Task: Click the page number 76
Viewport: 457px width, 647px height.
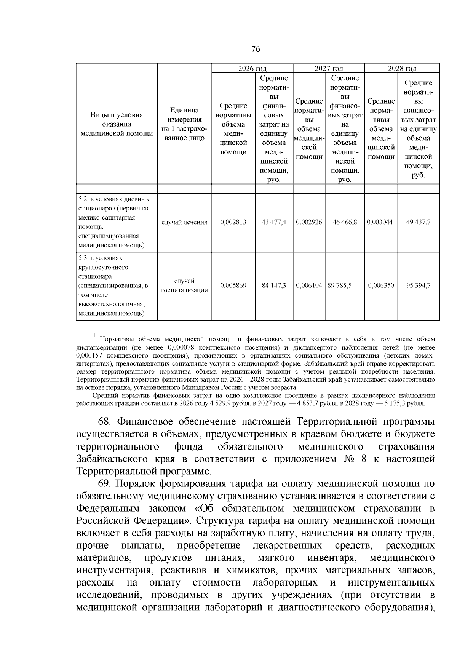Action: [x=256, y=49]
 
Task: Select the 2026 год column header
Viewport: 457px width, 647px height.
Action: [x=252, y=69]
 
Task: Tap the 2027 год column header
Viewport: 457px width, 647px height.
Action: [x=329, y=69]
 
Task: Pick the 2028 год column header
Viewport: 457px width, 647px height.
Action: [x=402, y=69]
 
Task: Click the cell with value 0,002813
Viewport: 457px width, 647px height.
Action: [x=233, y=222]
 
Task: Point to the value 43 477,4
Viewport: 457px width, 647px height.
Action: [x=274, y=222]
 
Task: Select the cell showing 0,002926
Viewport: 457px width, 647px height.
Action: [x=309, y=222]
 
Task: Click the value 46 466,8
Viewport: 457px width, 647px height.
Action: [x=345, y=222]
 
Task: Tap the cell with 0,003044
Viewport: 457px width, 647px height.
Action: [x=381, y=222]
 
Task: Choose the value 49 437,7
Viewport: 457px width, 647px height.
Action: [x=418, y=222]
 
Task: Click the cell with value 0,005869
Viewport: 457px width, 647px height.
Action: [x=233, y=285]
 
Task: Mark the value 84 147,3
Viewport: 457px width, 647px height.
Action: [x=274, y=285]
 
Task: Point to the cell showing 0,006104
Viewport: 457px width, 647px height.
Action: [x=309, y=285]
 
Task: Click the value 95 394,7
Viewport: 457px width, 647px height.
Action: [x=418, y=285]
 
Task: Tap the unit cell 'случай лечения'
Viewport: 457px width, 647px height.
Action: [x=184, y=222]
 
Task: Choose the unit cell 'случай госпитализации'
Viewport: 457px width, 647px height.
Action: [x=184, y=286]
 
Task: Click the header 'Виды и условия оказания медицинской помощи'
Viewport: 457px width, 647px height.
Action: [x=117, y=124]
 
